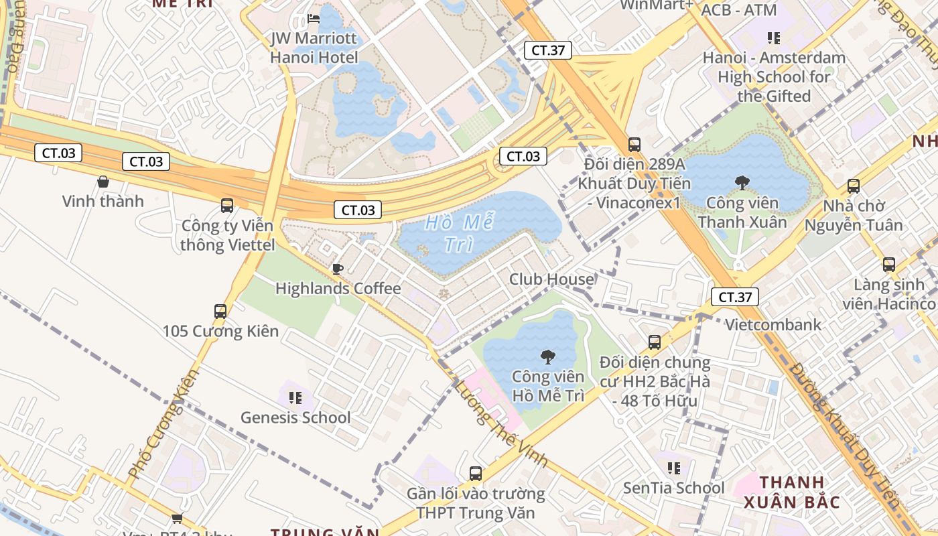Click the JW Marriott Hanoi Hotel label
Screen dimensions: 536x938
click(x=314, y=48)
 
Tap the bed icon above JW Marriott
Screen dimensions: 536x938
click(x=314, y=19)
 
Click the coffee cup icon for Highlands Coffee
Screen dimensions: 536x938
click(x=338, y=269)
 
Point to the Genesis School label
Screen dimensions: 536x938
click(x=295, y=417)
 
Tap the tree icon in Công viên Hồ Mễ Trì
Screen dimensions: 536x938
click(x=548, y=356)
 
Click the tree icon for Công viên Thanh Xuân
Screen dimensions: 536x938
click(x=742, y=182)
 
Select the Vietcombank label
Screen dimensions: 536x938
click(x=774, y=325)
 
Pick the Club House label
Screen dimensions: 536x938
click(x=551, y=279)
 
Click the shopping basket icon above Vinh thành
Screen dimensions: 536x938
click(x=103, y=182)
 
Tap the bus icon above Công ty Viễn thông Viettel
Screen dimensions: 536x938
click(x=227, y=206)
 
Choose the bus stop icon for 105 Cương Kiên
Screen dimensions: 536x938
click(x=220, y=311)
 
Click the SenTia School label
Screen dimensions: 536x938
click(x=674, y=488)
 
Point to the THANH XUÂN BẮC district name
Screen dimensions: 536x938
click(x=791, y=492)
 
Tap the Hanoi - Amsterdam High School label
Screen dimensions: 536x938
click(x=774, y=76)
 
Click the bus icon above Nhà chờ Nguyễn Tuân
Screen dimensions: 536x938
click(x=854, y=186)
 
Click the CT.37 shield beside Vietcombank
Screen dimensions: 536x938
click(x=735, y=297)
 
